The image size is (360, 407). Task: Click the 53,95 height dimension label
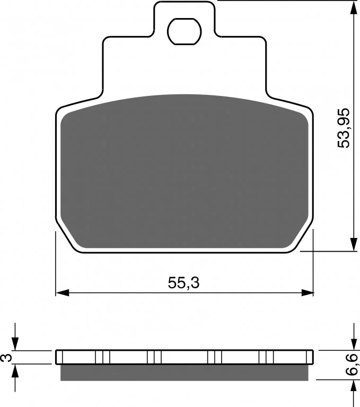pos(344,128)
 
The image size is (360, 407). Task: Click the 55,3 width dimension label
pos(183,282)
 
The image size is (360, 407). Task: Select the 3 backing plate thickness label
pos(6,358)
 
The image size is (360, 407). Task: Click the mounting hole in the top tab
pos(185,32)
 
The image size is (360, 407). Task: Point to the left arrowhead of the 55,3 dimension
pos(63,293)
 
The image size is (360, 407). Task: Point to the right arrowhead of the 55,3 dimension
pos(307,293)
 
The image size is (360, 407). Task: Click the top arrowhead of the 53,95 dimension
pos(354,7)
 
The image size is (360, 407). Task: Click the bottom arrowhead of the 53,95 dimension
pos(354,244)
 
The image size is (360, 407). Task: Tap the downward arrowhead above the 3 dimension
pos(15,344)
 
